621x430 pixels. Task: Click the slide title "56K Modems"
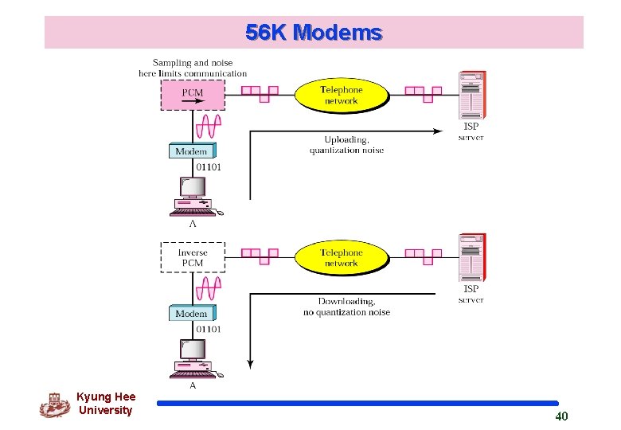click(x=314, y=33)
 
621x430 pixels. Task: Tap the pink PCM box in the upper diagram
click(x=193, y=96)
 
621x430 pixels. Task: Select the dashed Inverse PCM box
click(x=193, y=257)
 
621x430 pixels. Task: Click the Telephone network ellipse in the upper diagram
click(x=341, y=96)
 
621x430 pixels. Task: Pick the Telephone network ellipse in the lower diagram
click(x=341, y=257)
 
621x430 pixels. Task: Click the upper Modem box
click(x=191, y=151)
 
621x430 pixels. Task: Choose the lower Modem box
click(x=191, y=314)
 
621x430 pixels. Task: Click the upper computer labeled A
click(x=193, y=196)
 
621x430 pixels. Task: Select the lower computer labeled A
click(x=193, y=358)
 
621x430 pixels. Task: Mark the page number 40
click(x=561, y=416)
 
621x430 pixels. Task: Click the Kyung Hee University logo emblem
click(x=54, y=405)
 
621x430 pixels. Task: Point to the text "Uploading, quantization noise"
click(x=346, y=145)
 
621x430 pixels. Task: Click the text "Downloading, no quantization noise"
click(x=346, y=307)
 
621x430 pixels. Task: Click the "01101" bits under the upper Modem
click(x=208, y=167)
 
